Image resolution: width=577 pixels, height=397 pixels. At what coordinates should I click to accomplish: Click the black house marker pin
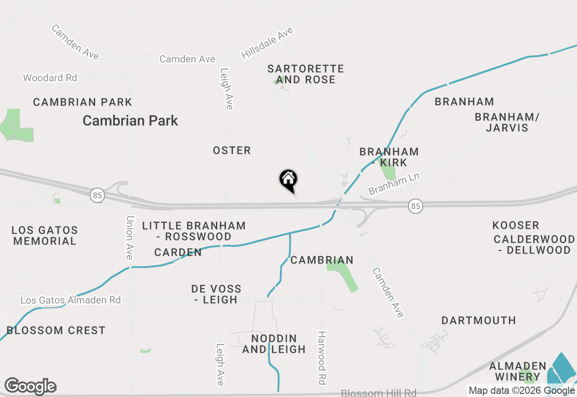pos(288,180)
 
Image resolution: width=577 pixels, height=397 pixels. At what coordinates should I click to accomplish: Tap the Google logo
pos(30,387)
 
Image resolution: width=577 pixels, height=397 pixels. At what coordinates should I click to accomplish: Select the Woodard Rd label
pos(50,78)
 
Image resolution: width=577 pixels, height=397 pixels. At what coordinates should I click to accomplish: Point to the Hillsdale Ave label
pos(267,43)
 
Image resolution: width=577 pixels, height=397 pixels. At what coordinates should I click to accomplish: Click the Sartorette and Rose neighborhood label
pos(306,74)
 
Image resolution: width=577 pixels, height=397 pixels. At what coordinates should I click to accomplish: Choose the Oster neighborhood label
pos(232,150)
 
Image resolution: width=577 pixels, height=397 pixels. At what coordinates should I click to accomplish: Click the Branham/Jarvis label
pos(507,122)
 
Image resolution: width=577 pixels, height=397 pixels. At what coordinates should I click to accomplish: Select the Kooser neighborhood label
pos(516,225)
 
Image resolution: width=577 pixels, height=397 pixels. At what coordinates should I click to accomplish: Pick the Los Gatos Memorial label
pos(45,235)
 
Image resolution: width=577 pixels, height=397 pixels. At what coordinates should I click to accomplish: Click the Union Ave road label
pos(130,237)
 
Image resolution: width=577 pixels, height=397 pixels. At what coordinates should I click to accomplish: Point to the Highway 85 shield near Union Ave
pos(97,195)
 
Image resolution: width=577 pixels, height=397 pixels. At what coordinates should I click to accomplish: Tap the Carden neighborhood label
pos(178,252)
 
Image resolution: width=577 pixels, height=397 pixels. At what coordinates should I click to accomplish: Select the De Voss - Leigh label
pos(216,294)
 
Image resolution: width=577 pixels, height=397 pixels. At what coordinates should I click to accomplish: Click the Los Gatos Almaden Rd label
pos(71,300)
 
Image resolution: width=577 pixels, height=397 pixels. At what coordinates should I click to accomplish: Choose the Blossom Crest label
pos(56,330)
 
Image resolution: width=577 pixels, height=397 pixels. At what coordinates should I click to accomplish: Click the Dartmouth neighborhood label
pos(479,320)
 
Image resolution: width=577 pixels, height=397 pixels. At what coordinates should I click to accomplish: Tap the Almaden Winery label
pos(517,371)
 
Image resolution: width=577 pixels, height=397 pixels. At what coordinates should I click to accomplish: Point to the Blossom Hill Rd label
pos(379,393)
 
